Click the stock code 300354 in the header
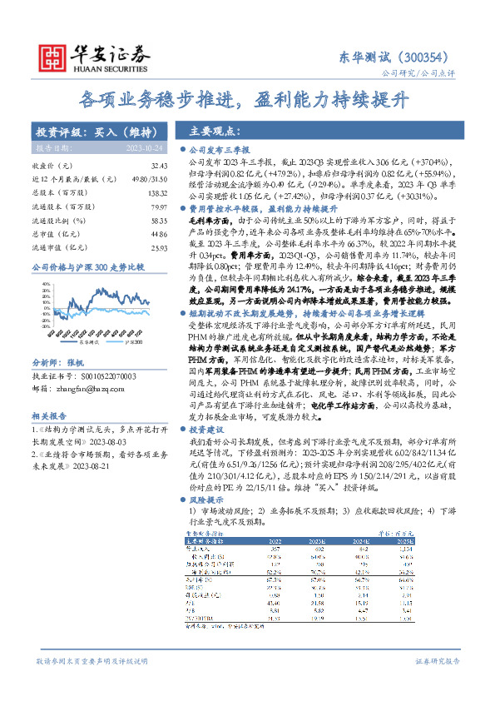coord(431,57)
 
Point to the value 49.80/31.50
coord(150,180)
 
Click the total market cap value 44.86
coord(159,235)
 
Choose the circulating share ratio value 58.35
coord(159,221)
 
